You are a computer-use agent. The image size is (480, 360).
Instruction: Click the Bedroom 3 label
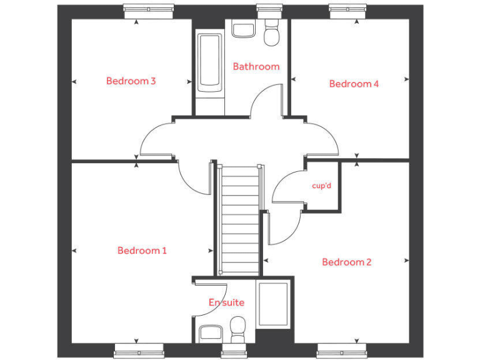(131, 81)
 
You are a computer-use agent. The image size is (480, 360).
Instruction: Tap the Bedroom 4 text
(354, 84)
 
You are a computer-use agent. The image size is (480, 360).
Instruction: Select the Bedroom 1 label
(142, 251)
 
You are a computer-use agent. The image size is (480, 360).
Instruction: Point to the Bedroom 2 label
(346, 262)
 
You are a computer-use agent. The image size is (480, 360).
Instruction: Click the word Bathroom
(256, 66)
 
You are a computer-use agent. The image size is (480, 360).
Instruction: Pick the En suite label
(226, 302)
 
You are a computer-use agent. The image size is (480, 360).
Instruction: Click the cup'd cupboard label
(321, 186)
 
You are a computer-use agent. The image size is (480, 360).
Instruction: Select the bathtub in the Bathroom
(209, 62)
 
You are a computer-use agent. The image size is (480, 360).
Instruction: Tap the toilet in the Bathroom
(272, 35)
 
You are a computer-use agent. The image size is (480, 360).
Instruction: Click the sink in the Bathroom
(242, 28)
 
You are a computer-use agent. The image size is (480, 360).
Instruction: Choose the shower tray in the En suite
(273, 304)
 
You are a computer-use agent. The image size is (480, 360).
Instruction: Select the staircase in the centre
(240, 219)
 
